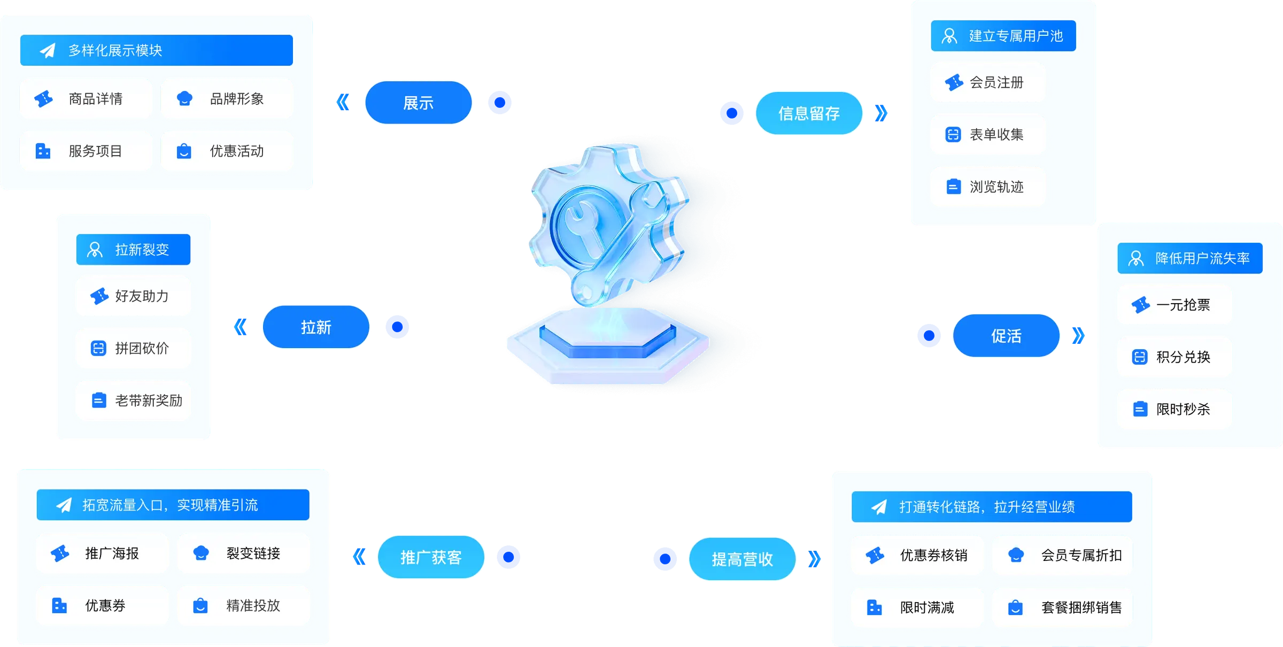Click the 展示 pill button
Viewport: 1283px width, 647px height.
pos(418,103)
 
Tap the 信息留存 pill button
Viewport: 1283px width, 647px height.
pos(809,113)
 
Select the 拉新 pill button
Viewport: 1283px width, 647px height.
pos(316,327)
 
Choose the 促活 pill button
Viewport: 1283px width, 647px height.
pos(1006,336)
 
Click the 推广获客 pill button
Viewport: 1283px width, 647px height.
pos(431,557)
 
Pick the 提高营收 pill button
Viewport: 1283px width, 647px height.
pos(743,559)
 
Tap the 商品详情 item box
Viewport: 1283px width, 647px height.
pos(86,99)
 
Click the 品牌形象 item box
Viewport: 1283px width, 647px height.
pos(227,99)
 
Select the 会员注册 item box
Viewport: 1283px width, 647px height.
pos(988,83)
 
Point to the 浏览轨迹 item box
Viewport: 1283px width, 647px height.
pos(988,187)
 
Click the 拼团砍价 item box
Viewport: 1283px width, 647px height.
pos(133,349)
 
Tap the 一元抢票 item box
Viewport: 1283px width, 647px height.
pos(1174,305)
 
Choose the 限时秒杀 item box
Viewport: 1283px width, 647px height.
pos(1174,410)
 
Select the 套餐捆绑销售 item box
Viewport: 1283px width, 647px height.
pos(1062,608)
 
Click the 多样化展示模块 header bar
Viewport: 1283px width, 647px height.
pos(156,50)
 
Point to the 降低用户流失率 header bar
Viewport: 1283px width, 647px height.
pos(1189,259)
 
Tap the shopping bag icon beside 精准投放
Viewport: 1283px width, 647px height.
pos(200,606)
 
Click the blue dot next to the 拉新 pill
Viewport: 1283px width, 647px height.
pos(397,327)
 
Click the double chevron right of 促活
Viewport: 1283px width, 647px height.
pos(1078,335)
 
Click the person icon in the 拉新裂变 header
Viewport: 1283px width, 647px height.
pos(95,250)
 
